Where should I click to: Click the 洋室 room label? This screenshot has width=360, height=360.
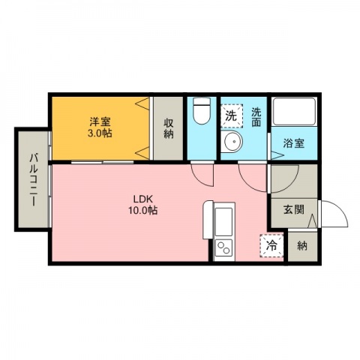pyautogui.click(x=100, y=122)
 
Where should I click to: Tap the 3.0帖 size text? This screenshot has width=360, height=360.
pyautogui.click(x=100, y=133)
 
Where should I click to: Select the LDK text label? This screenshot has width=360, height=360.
pyautogui.click(x=142, y=199)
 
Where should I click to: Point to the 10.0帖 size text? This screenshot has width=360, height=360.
pyautogui.click(x=142, y=211)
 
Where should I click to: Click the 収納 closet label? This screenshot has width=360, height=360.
pyautogui.click(x=169, y=128)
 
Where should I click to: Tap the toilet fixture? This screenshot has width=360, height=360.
pyautogui.click(x=202, y=111)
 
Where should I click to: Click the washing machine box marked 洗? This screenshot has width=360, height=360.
pyautogui.click(x=232, y=116)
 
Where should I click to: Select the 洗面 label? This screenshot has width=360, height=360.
pyautogui.click(x=256, y=117)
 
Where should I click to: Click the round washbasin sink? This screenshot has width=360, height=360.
pyautogui.click(x=233, y=141)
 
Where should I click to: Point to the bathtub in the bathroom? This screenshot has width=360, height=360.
pyautogui.click(x=294, y=112)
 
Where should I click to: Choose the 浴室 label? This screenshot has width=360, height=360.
pyautogui.click(x=293, y=143)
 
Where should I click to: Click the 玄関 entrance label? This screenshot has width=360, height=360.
pyautogui.click(x=293, y=209)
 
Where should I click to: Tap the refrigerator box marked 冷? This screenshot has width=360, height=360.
pyautogui.click(x=271, y=245)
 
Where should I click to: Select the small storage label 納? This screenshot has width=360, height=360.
pyautogui.click(x=302, y=246)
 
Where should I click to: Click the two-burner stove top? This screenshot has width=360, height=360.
pyautogui.click(x=224, y=248)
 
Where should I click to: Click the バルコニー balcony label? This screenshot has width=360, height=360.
pyautogui.click(x=34, y=180)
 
